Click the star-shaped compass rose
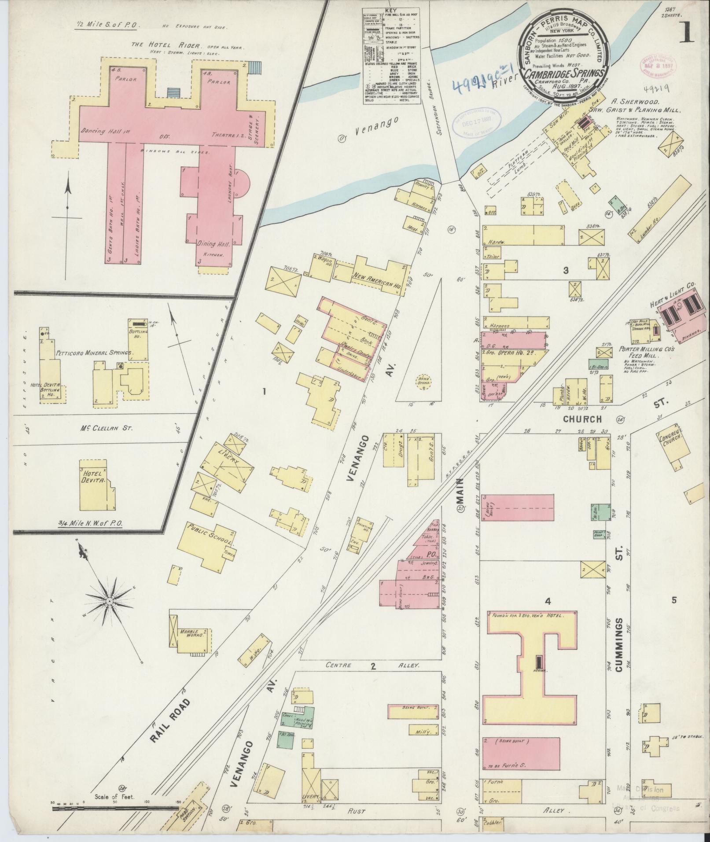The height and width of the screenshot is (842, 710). (x=109, y=601)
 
